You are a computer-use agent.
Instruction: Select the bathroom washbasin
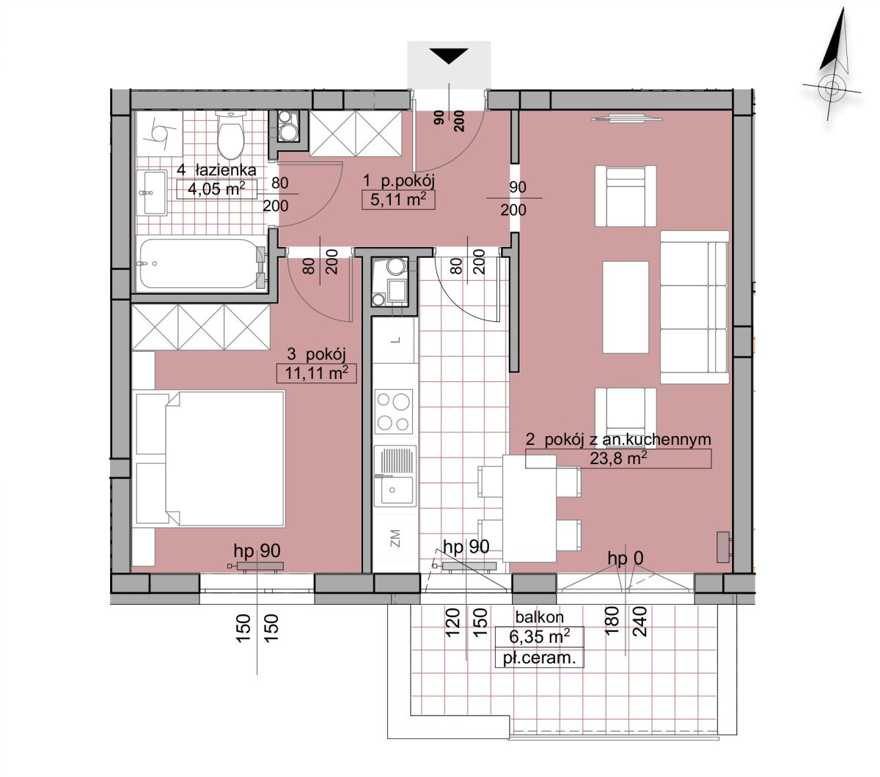(x=151, y=192)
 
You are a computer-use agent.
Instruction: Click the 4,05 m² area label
(x=216, y=189)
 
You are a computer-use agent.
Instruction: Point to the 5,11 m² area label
(x=398, y=200)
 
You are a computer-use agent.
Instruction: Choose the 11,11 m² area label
(x=316, y=372)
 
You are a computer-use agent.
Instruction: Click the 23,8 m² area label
(x=618, y=459)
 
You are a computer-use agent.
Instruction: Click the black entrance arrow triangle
(x=449, y=56)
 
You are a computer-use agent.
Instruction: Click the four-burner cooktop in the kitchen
(x=394, y=411)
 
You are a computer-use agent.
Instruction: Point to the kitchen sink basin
(x=394, y=491)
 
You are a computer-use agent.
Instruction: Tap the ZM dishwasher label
(x=395, y=538)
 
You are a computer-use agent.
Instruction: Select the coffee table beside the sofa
(x=626, y=307)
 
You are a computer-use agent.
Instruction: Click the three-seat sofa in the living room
(x=694, y=307)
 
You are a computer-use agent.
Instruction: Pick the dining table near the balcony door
(x=529, y=508)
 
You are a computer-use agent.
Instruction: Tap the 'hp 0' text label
(x=626, y=559)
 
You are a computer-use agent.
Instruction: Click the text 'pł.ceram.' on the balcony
(x=540, y=658)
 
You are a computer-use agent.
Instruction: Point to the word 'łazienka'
(x=226, y=169)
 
